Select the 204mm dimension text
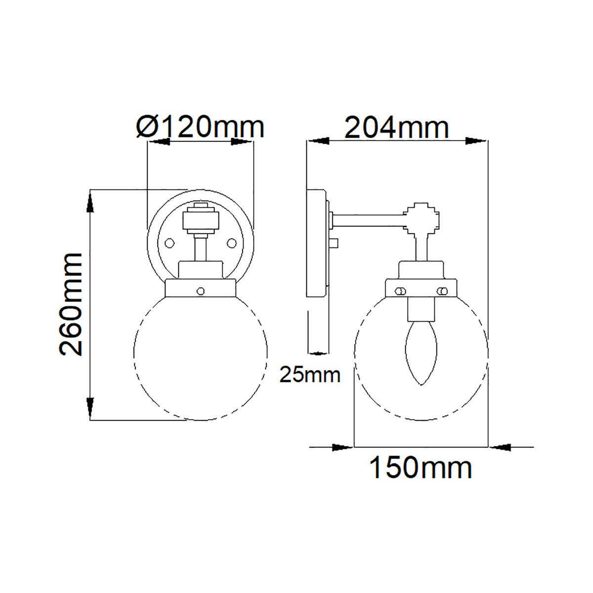pos(397,127)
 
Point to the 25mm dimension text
pos(310,375)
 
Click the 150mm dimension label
pos(421,467)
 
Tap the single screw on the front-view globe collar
pos(200,291)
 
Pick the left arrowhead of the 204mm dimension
pos(317,141)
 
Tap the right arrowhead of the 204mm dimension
pos(476,141)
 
